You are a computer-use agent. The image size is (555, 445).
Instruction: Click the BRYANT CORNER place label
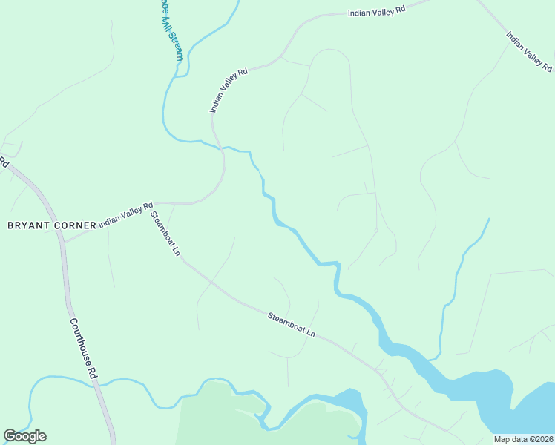52,225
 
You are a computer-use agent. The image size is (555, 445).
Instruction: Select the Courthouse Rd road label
84,348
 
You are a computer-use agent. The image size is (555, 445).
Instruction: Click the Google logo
24,436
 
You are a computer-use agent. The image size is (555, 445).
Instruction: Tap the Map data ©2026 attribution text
524,439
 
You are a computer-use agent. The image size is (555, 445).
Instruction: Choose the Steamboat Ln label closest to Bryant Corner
165,234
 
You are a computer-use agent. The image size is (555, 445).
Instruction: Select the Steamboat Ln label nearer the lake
292,325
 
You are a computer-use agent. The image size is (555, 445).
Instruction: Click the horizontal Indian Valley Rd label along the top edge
378,12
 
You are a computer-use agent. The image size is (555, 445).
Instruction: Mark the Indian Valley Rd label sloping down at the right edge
529,50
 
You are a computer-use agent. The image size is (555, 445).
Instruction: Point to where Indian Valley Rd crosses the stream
220,148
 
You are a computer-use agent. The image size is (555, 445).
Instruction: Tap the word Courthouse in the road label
81,340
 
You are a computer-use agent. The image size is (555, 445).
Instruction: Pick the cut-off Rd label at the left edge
3,161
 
